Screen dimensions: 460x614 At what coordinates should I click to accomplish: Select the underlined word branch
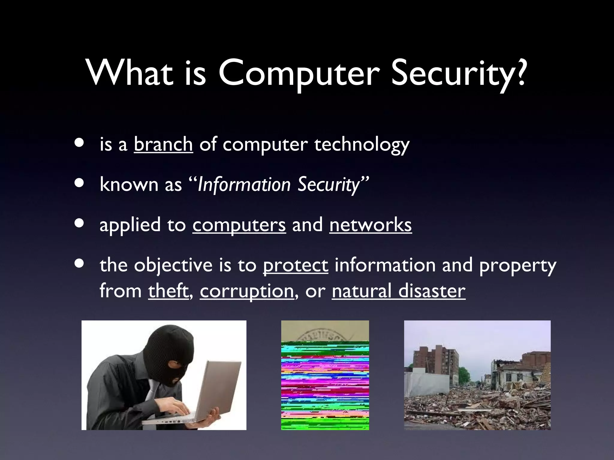(163, 144)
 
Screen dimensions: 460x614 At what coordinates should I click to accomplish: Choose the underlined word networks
(370, 225)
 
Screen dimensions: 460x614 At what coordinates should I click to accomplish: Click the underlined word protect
(295, 265)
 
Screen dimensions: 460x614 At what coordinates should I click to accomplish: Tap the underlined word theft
(168, 291)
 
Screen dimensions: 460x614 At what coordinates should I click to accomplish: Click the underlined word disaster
(432, 291)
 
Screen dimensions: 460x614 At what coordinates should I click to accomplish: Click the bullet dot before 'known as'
(79, 183)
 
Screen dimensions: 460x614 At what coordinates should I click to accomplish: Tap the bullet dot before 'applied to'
(79, 223)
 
